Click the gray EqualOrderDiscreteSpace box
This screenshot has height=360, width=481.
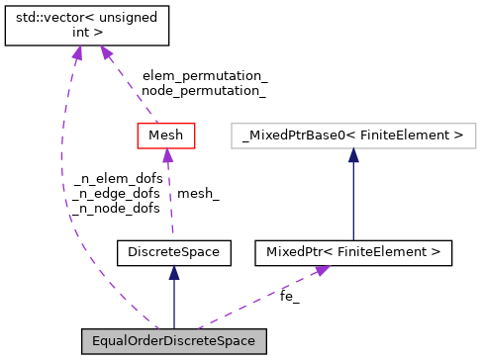tap(173, 341)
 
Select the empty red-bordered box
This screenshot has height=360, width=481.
tap(166, 135)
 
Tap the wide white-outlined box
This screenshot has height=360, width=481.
tap(353, 135)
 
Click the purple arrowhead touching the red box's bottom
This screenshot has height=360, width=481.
tap(168, 155)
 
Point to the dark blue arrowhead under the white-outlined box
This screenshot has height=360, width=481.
tap(353, 155)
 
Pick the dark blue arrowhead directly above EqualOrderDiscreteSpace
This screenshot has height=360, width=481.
tap(174, 272)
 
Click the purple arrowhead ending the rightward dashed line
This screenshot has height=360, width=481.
tap(322, 269)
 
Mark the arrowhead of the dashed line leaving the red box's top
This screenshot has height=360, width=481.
tap(105, 50)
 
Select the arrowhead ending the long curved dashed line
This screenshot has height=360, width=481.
tap(77, 51)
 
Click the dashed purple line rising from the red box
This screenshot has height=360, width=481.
tap(132, 89)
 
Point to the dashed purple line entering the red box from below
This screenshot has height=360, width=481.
tap(169, 198)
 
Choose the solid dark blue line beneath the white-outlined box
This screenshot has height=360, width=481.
tap(353, 198)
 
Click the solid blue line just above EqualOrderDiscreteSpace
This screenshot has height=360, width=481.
tap(174, 302)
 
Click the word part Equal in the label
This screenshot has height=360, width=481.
tap(109, 341)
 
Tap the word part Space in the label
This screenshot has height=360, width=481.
tap(237, 341)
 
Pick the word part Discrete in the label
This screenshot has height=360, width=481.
tap(190, 341)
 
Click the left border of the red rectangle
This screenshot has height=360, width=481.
tap(138, 135)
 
